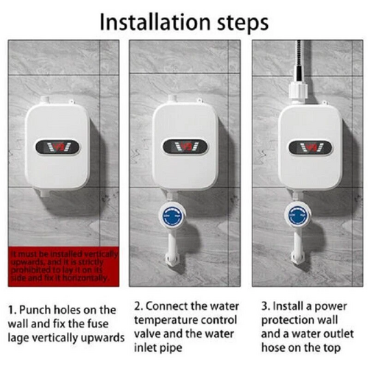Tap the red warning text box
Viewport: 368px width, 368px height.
coord(63,265)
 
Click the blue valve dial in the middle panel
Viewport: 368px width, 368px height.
coord(171,216)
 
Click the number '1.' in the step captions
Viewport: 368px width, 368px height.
coord(13,310)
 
